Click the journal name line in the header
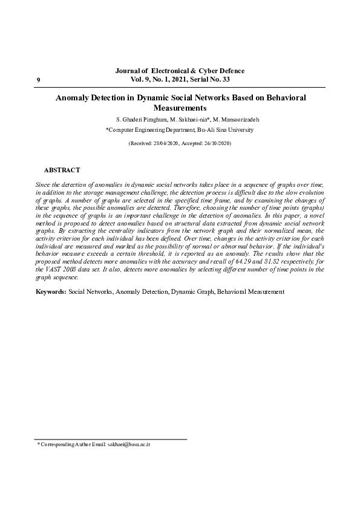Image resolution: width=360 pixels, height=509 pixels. pyautogui.click(x=180, y=71)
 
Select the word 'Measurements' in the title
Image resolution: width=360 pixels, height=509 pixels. pyautogui.click(x=180, y=108)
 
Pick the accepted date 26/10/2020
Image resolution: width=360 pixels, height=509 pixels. pyautogui.click(x=215, y=144)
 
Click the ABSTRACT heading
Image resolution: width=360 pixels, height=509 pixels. pyautogui.click(x=62, y=170)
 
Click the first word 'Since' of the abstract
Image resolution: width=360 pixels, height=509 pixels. pyautogui.click(x=44, y=183)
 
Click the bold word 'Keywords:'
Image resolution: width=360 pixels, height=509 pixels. pyautogui.click(x=51, y=291)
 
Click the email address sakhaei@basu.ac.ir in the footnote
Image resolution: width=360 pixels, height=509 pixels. pyautogui.click(x=128, y=444)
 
